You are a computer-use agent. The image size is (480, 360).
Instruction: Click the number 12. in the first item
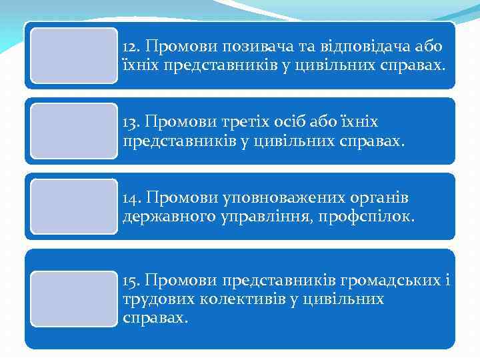click(x=132, y=47)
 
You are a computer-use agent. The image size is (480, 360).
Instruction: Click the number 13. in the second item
click(x=131, y=123)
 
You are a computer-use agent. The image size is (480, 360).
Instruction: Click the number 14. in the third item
click(x=132, y=198)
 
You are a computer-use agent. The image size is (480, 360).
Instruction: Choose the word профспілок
click(x=380, y=216)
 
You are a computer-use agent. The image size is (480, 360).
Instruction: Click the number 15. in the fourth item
click(x=131, y=280)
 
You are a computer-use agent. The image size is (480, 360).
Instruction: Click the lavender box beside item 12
click(x=74, y=55)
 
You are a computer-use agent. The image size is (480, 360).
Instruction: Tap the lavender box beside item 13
click(x=74, y=131)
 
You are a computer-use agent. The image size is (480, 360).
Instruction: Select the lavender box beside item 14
click(x=74, y=206)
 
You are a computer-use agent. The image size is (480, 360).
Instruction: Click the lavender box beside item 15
click(x=74, y=299)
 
